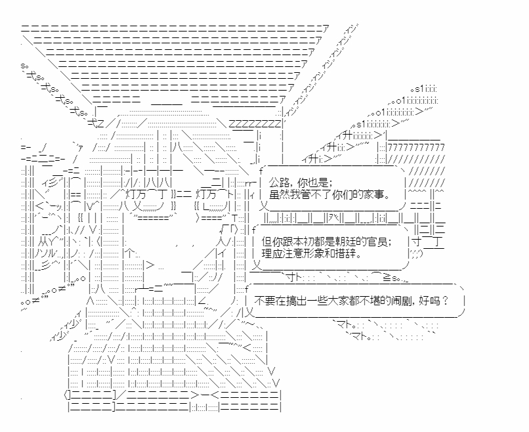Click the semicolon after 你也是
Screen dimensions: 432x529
[330, 182]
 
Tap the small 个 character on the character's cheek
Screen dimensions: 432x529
[131, 253]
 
